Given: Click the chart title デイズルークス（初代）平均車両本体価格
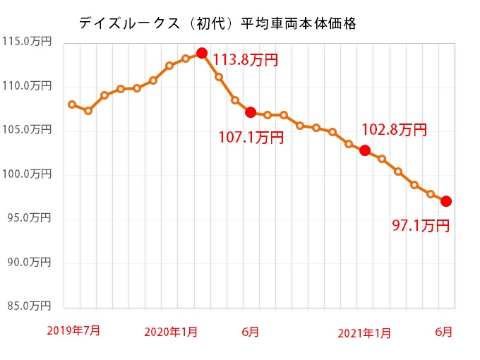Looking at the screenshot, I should coord(217,23).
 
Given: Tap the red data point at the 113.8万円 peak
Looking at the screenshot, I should coord(202,53).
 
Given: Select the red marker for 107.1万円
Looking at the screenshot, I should coord(251,112).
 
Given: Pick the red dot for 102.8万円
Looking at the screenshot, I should coord(365,150).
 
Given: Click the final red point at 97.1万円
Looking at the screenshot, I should coord(446,201).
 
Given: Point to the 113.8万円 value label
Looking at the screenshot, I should coord(246,60).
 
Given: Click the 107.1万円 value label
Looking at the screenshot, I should coord(251,137).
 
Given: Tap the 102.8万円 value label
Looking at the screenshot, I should coord(394,130).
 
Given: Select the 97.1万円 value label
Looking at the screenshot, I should coord(421,226).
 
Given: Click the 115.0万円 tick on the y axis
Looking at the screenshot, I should coord(27,42).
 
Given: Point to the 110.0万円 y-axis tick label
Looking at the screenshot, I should coord(27,86).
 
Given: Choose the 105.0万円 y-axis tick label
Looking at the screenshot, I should coord(27,130).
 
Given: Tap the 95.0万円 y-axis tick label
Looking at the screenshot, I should coord(27,218).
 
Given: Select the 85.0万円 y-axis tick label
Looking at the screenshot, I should coord(27,306).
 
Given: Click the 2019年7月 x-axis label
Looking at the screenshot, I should coord(73,330).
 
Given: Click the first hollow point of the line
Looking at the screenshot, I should coord(72,104).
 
